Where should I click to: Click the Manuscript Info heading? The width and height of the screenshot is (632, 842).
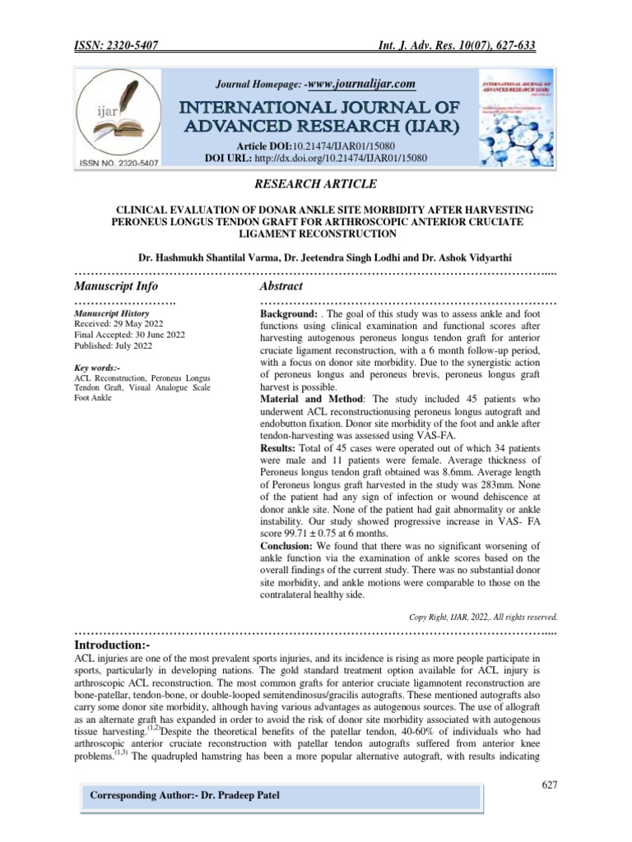[116, 286]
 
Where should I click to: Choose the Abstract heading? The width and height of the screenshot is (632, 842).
[281, 286]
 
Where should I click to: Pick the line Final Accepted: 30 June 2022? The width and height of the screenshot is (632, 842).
[128, 335]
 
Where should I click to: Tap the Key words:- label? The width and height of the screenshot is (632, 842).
[97, 368]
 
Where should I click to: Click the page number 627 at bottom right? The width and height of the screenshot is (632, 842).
[550, 785]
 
